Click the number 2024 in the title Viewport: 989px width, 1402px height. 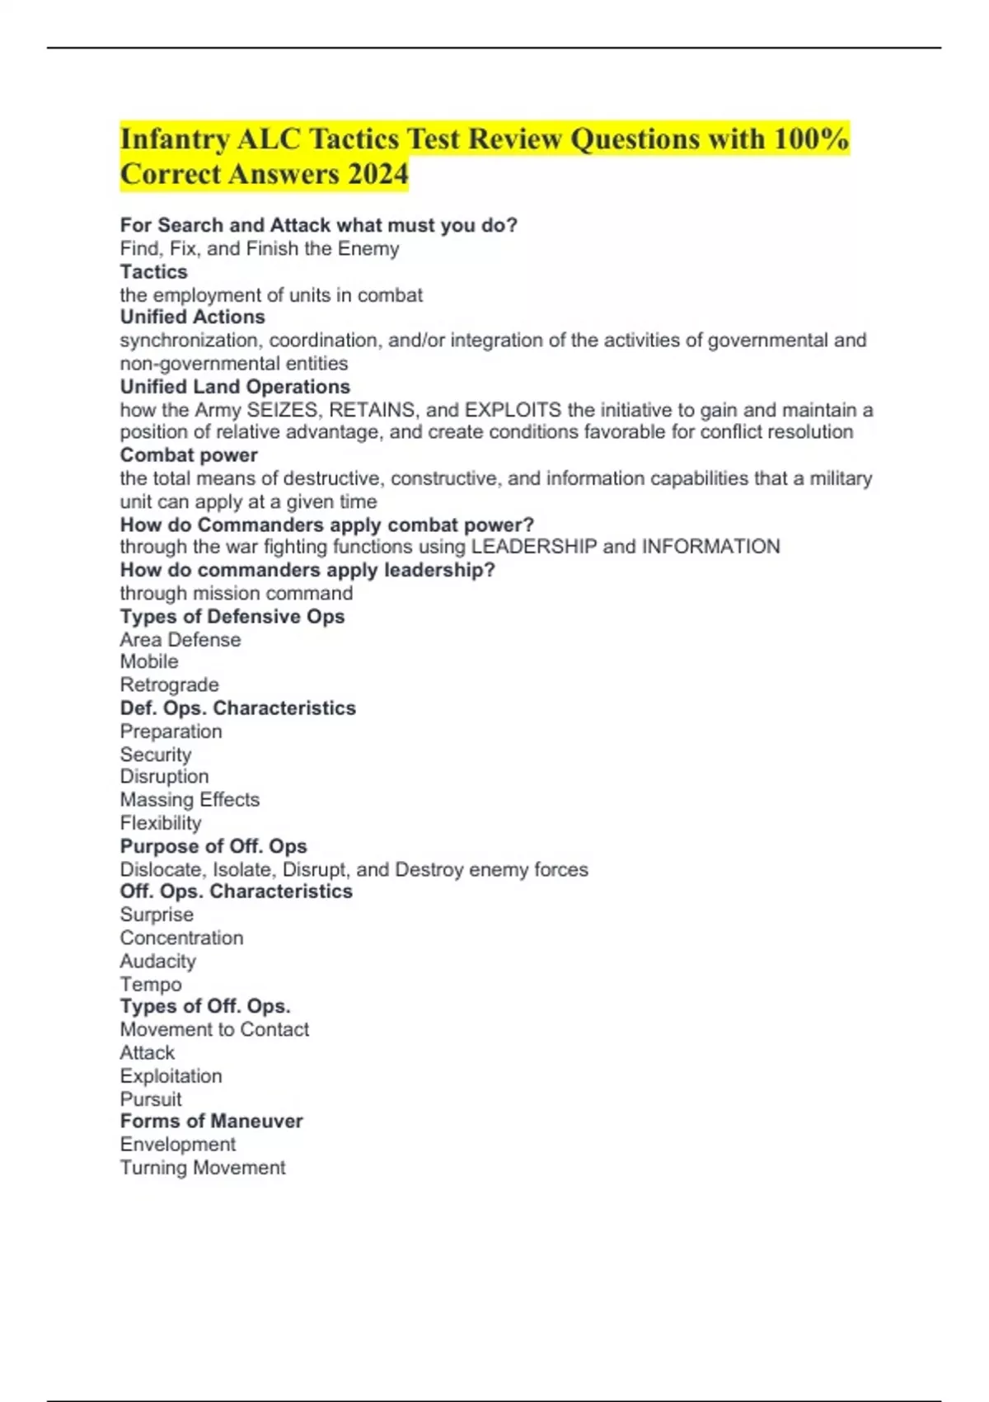coord(377,174)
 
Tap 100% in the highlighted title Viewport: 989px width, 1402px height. coord(811,139)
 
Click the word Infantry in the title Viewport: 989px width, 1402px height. coord(174,139)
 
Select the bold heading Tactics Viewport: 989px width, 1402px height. coord(154,271)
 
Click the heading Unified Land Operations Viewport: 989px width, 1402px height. coord(235,386)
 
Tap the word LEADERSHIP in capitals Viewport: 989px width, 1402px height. coord(533,546)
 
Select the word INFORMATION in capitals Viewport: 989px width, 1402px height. coord(710,546)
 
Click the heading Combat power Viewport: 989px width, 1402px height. coord(189,454)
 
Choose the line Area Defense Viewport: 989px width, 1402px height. coord(180,639)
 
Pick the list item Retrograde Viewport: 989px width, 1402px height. coord(170,685)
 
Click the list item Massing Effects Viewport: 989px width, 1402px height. coord(190,799)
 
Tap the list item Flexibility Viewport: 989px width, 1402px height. coord(161,822)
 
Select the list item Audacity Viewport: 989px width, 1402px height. coord(158,961)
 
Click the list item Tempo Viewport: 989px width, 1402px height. coord(151,984)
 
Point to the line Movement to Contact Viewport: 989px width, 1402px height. coord(214,1029)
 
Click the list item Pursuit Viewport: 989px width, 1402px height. coord(151,1099)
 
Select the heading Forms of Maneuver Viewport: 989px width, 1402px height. coord(212,1121)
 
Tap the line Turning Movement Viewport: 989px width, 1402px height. coord(203,1167)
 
